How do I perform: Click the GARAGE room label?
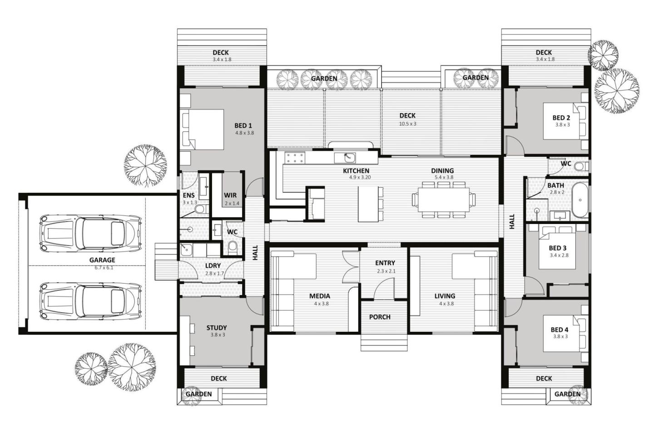pyautogui.click(x=102, y=259)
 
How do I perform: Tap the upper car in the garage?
pyautogui.click(x=90, y=233)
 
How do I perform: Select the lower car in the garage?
pyautogui.click(x=90, y=301)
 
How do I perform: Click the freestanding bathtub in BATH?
pyautogui.click(x=580, y=200)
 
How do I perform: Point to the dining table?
pyautogui.click(x=443, y=200)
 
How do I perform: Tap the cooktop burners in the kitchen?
pyautogui.click(x=295, y=158)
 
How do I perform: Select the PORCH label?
pyautogui.click(x=380, y=317)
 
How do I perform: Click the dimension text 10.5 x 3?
pyautogui.click(x=407, y=124)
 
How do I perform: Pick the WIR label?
pyautogui.click(x=230, y=195)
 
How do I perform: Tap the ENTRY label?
pyautogui.click(x=385, y=263)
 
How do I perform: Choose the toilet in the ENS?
pyautogui.click(x=200, y=209)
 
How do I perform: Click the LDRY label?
pyautogui.click(x=213, y=266)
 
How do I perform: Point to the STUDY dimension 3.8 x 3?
pyautogui.click(x=218, y=334)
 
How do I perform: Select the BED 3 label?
pyautogui.click(x=557, y=248)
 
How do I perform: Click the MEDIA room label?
pyautogui.click(x=320, y=296)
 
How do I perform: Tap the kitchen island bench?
pyautogui.click(x=368, y=204)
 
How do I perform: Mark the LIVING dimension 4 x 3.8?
pyautogui.click(x=446, y=304)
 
